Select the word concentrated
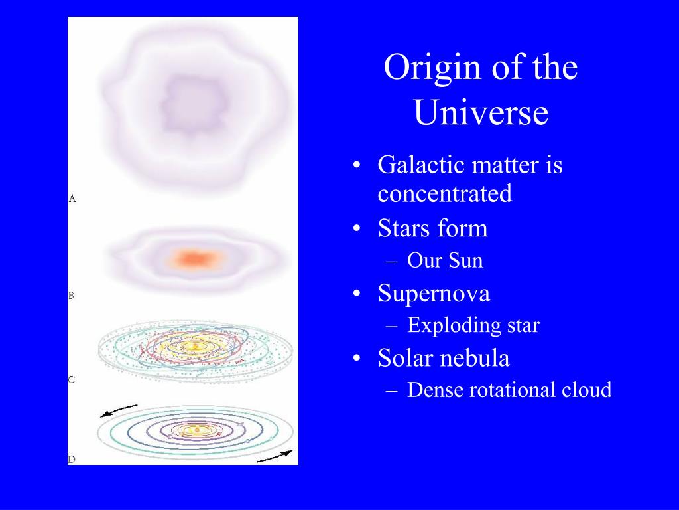coord(445,193)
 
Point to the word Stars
coord(404,228)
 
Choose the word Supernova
coord(434,293)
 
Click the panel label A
coord(72,199)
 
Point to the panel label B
coord(72,296)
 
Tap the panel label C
coord(72,379)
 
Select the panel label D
coord(72,460)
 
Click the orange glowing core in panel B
coord(196,259)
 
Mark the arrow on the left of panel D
coord(118,410)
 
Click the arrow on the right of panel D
coord(275,456)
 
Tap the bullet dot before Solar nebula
coord(356,359)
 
